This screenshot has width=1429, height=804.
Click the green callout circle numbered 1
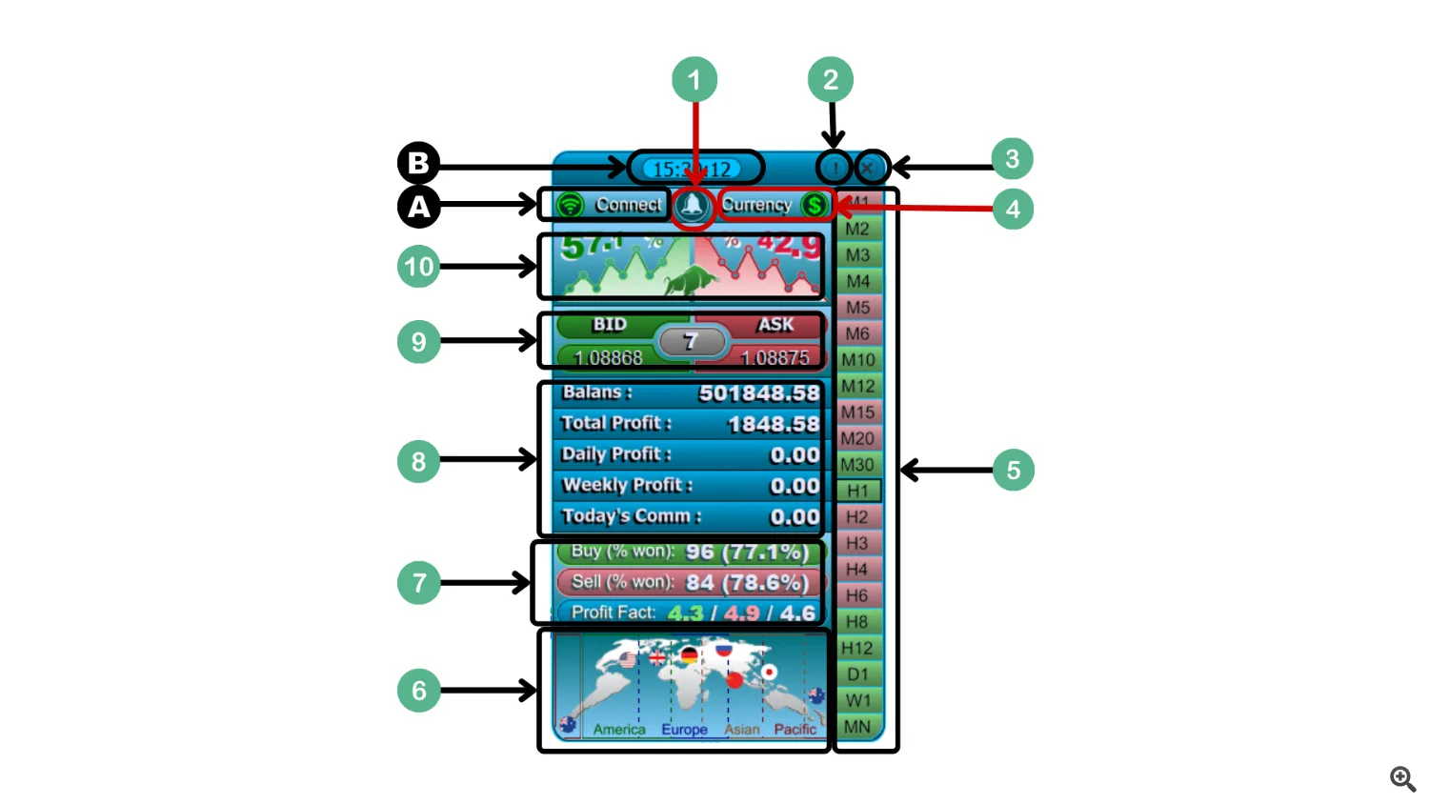coord(694,80)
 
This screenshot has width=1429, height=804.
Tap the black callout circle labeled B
coord(418,163)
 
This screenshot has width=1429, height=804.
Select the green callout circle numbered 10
coord(418,267)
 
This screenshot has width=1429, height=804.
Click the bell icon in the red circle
coord(693,206)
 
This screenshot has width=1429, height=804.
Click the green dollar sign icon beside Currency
coord(815,205)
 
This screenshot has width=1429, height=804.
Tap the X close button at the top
coord(868,169)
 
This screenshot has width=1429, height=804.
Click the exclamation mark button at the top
coord(835,169)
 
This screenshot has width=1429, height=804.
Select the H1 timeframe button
coord(857,491)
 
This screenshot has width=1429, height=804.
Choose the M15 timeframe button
coord(857,412)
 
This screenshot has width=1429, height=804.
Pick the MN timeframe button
coord(857,727)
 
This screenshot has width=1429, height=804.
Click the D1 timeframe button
coord(857,674)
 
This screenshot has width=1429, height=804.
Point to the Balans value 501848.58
coord(758,393)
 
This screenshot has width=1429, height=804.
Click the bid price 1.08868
coord(608,358)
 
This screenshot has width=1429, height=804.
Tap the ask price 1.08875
coord(775,358)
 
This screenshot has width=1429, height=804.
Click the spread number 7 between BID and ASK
coord(691,341)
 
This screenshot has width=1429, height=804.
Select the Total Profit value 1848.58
coord(773,424)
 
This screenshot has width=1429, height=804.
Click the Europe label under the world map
coord(684,730)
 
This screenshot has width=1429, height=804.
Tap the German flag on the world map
coord(689,655)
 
